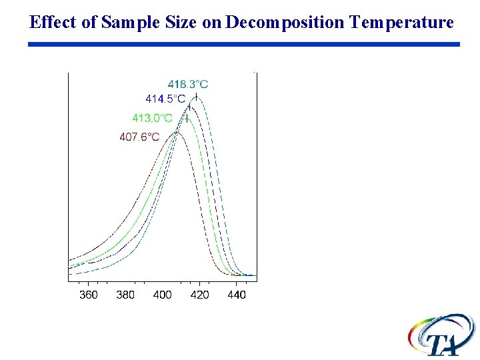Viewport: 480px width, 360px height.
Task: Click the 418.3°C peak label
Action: [187, 84]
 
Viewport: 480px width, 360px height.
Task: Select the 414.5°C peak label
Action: [165, 99]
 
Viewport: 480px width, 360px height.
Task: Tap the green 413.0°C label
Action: [152, 118]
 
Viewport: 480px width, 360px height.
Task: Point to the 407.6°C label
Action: [139, 137]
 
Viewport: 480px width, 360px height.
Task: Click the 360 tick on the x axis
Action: [88, 295]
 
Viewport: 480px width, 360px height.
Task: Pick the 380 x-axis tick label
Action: [125, 295]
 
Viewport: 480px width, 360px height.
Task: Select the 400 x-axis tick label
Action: [162, 295]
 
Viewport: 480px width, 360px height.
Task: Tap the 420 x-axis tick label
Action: [199, 295]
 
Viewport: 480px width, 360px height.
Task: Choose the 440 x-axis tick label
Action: [236, 295]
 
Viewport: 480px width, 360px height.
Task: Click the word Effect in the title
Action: [52, 23]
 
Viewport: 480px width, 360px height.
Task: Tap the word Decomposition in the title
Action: [285, 23]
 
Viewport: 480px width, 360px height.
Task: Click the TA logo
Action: [442, 336]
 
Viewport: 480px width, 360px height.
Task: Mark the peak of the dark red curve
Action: [177, 133]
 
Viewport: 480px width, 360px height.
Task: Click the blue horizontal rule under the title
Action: [244, 44]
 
